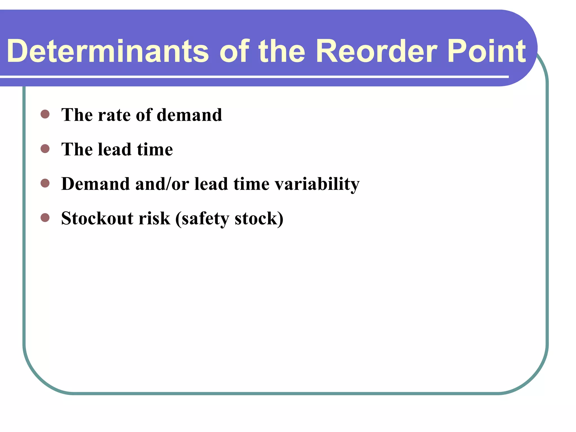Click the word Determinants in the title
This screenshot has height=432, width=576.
(x=108, y=51)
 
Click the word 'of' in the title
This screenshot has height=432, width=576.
(x=234, y=51)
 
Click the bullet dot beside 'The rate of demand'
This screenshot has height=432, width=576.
(x=45, y=114)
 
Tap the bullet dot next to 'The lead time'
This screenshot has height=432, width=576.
(x=45, y=148)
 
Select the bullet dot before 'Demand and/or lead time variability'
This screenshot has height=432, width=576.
(x=45, y=183)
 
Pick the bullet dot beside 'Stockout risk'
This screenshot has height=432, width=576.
(x=45, y=217)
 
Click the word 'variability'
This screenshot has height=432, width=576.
(x=317, y=184)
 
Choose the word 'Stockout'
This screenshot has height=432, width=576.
(x=97, y=218)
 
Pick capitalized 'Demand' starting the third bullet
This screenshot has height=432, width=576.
(x=95, y=184)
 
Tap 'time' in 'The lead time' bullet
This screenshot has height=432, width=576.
(x=155, y=149)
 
